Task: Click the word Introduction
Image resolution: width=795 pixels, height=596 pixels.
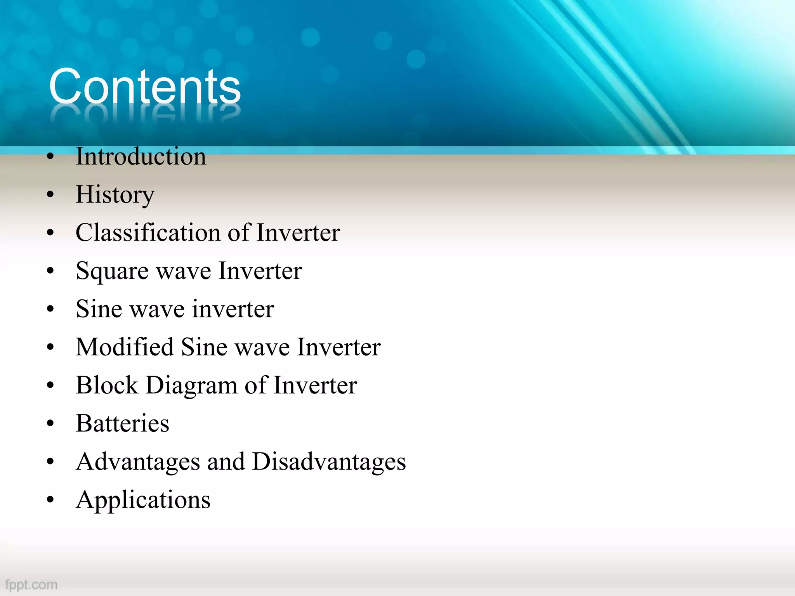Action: click(x=141, y=156)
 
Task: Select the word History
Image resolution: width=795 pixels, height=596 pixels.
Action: click(x=115, y=194)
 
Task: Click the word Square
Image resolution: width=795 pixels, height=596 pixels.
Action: click(x=112, y=271)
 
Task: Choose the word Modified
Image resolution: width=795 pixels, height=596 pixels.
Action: click(x=125, y=347)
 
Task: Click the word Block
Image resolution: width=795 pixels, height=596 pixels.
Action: click(x=107, y=385)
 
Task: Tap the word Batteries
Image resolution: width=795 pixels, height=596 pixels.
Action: click(x=122, y=423)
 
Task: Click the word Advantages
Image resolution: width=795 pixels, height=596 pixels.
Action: click(x=137, y=462)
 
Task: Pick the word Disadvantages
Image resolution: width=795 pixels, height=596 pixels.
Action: click(x=328, y=462)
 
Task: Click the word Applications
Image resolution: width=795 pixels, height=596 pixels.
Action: click(x=143, y=500)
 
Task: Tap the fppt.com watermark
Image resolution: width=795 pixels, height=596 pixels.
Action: click(x=31, y=584)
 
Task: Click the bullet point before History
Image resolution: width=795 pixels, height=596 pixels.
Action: click(x=50, y=195)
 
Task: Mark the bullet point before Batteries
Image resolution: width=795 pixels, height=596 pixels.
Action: click(x=50, y=424)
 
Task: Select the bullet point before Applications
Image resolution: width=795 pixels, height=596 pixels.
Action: click(x=50, y=500)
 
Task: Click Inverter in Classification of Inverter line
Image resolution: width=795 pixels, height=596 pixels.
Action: click(x=298, y=233)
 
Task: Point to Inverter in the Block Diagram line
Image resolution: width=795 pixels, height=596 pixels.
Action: click(x=315, y=385)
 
